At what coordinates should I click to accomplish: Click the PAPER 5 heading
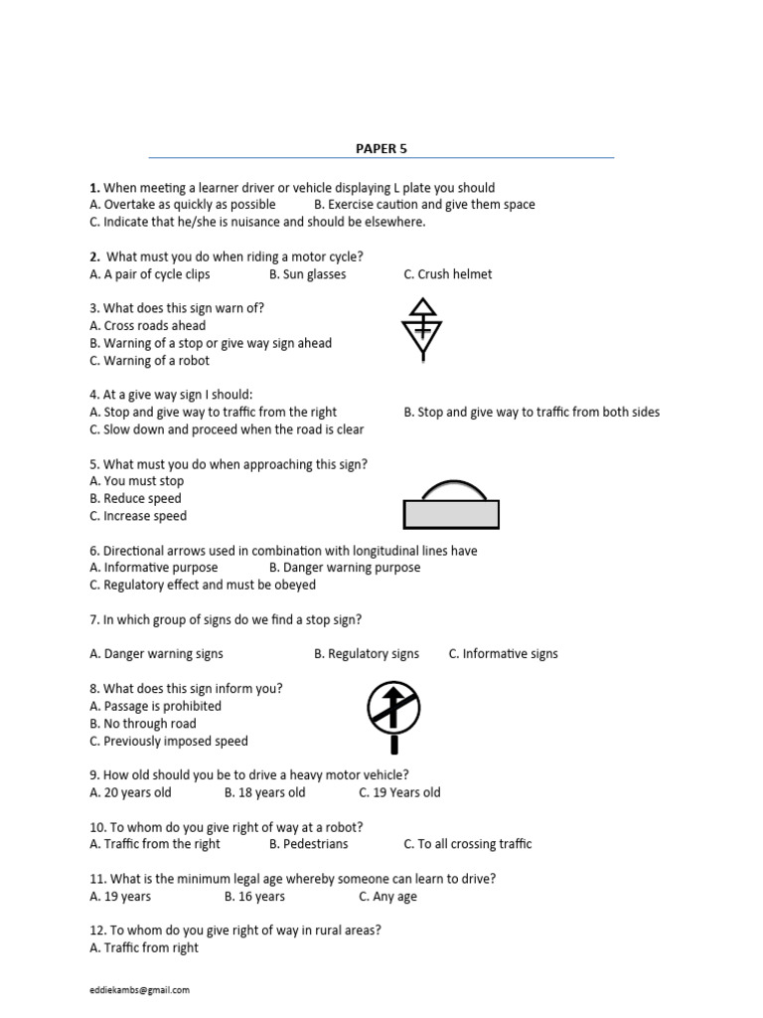381,149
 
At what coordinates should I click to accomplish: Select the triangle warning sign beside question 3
422,329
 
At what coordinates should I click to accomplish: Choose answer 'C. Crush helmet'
447,274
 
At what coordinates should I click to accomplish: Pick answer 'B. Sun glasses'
307,274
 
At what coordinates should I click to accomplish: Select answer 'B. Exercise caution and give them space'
424,205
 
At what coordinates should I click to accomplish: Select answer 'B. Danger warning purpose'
345,568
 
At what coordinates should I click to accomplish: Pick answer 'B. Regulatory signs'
367,654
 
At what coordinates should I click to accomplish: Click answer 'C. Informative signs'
503,654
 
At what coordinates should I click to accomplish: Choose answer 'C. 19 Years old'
399,792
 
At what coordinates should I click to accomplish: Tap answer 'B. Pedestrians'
308,844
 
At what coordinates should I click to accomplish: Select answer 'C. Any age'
387,897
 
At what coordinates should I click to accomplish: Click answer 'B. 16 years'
254,897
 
